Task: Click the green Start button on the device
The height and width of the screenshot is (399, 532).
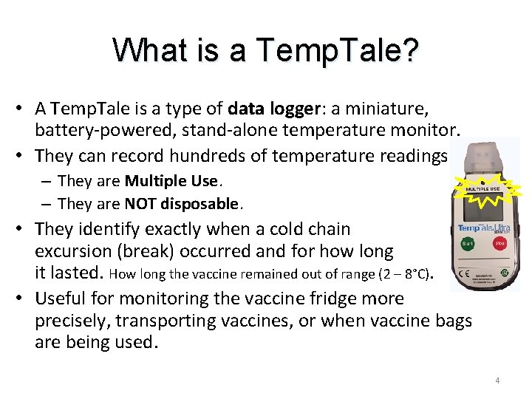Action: (468, 243)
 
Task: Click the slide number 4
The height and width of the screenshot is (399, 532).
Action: (497, 380)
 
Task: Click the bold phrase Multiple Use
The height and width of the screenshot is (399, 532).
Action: (171, 181)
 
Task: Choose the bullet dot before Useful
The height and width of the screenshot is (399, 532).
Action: (22, 299)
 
